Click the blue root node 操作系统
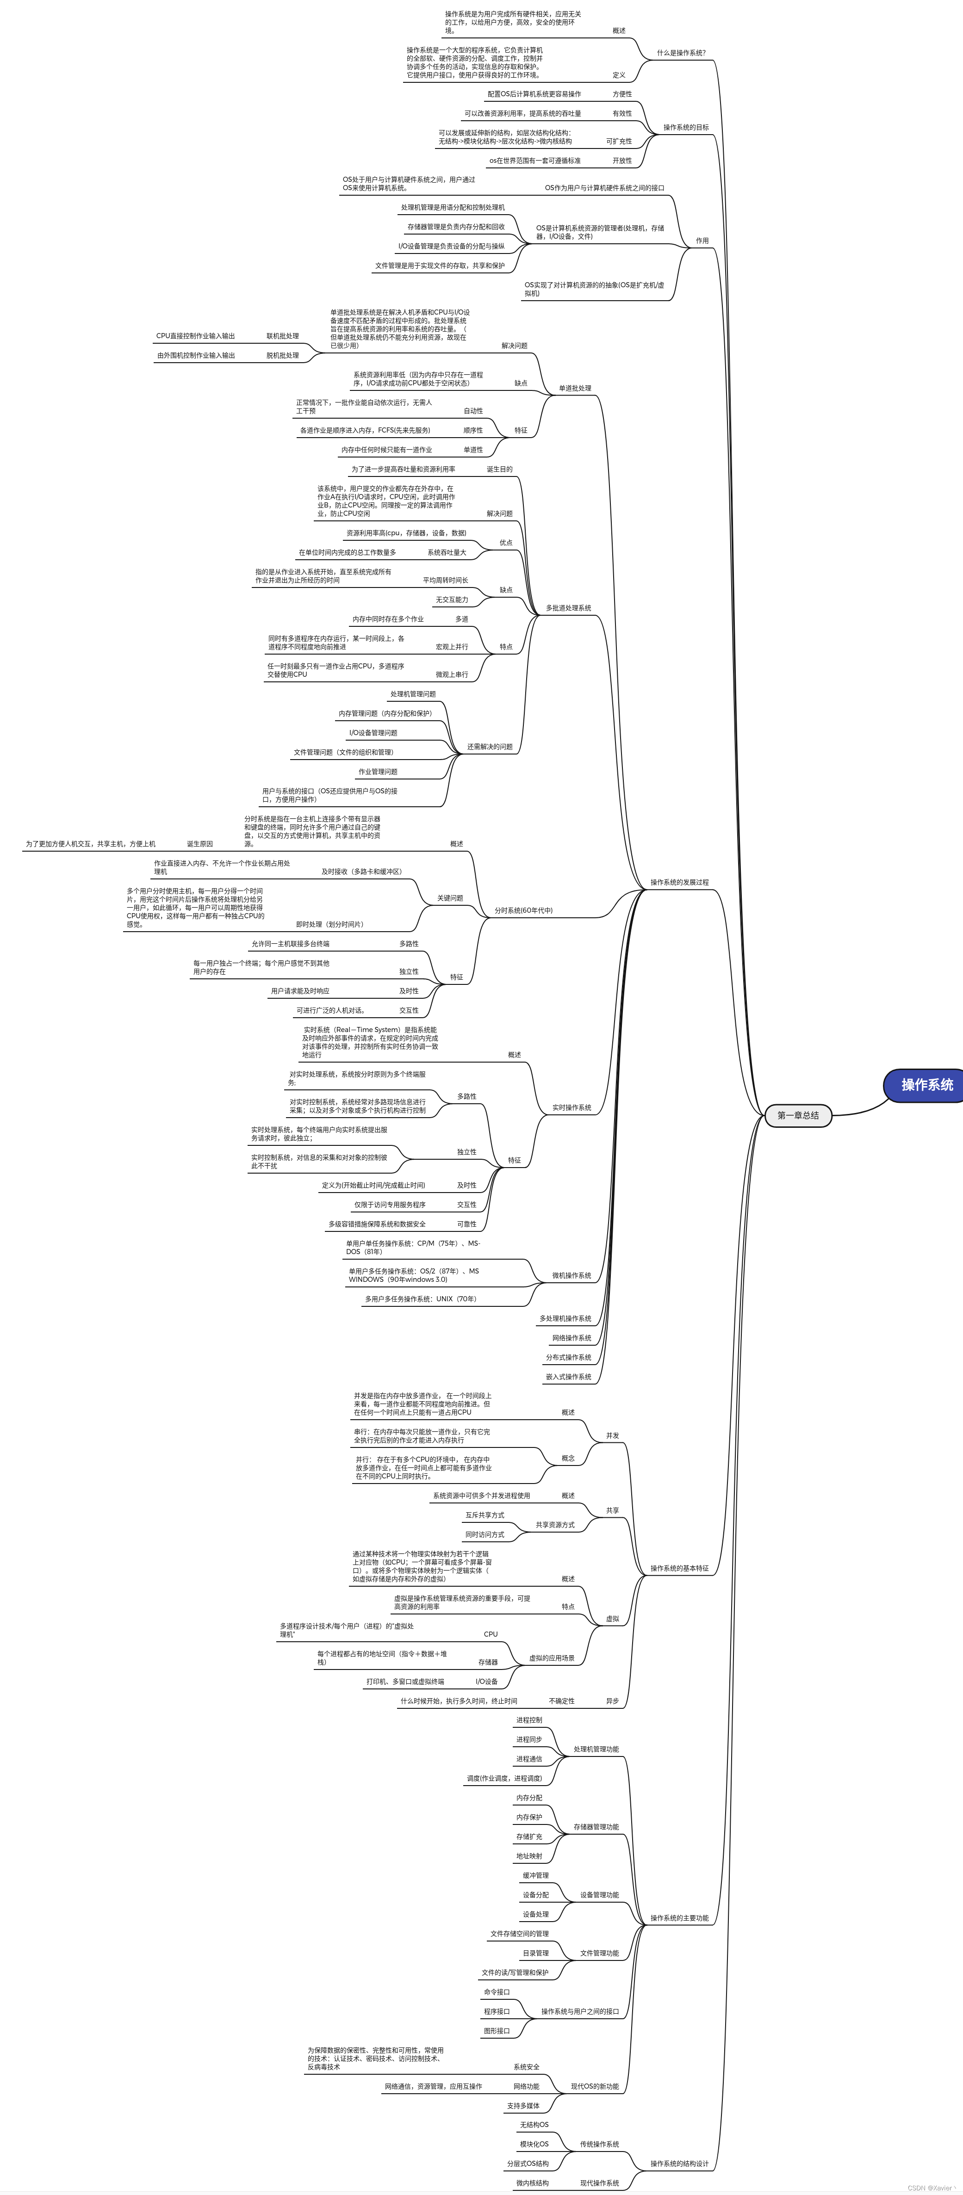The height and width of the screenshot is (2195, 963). [x=926, y=1085]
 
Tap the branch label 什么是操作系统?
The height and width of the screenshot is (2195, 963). [x=681, y=53]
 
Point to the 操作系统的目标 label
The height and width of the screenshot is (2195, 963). [x=686, y=128]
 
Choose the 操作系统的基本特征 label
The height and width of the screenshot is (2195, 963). [x=679, y=1568]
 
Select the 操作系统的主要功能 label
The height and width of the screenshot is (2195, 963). [x=679, y=1918]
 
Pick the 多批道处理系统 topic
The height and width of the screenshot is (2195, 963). [x=568, y=608]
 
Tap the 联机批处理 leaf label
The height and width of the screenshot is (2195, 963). [x=282, y=336]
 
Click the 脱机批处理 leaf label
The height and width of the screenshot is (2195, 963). [x=282, y=355]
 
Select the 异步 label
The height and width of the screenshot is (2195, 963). [x=612, y=1701]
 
